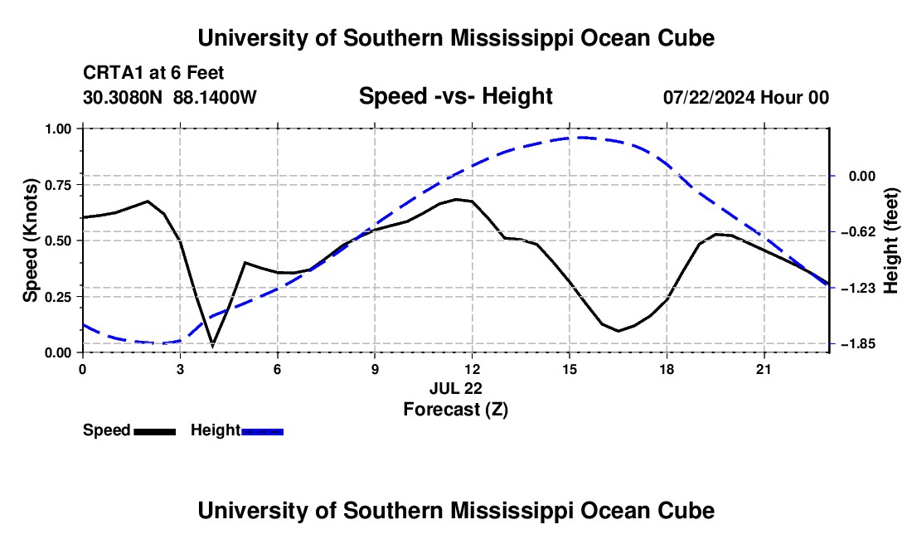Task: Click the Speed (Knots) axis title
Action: (30, 240)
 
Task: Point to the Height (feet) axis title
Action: (891, 240)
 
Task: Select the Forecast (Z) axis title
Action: (455, 410)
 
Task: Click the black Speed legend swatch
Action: (155, 432)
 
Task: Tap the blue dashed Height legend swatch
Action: (262, 432)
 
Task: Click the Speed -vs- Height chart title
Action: (455, 96)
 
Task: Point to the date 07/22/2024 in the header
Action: (708, 97)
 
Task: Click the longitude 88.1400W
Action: (215, 97)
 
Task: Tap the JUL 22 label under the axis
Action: (456, 388)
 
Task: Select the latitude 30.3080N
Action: (123, 97)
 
